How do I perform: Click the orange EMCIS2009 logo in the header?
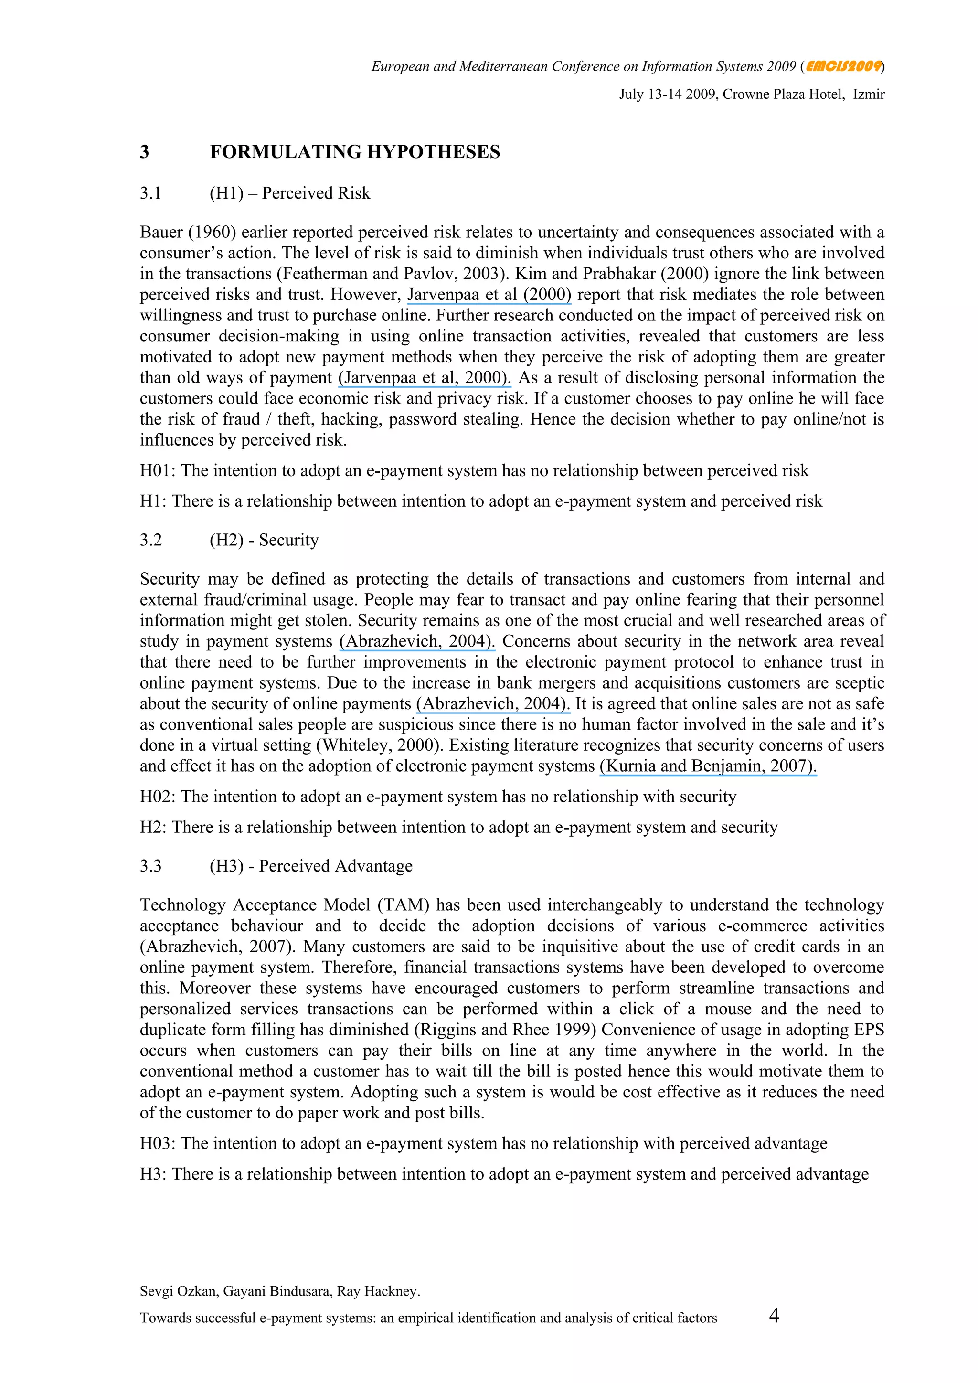(844, 66)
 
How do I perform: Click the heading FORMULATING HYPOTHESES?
(355, 152)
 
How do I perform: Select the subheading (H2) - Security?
(264, 540)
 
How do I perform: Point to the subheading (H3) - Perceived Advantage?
(311, 866)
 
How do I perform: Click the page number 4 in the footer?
(774, 1315)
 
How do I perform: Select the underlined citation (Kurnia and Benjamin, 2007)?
(708, 766)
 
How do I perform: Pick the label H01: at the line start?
(157, 471)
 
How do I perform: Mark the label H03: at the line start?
(157, 1143)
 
